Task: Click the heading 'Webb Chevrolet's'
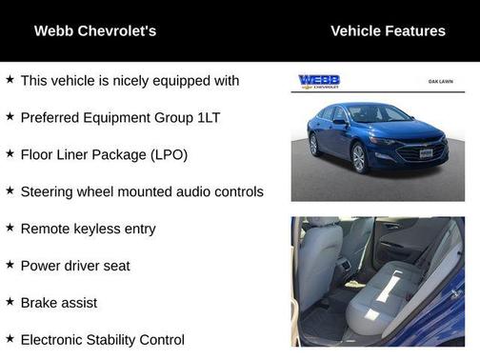coord(95,31)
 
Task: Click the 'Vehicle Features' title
coord(388,31)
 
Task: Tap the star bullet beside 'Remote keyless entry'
coord(10,228)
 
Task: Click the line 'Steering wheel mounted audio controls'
coord(142,191)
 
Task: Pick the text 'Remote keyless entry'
coord(88,229)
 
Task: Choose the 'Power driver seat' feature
coord(75,266)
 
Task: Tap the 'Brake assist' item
coord(59,303)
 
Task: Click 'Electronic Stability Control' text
coord(103,339)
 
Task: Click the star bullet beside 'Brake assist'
coord(10,302)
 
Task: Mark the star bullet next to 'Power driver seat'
coord(10,265)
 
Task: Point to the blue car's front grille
coord(421,151)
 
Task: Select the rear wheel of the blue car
coord(314,145)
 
